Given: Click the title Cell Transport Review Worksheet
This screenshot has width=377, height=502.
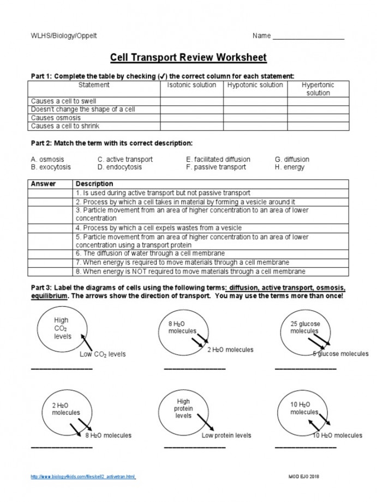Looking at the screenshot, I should pyautogui.click(x=188, y=57).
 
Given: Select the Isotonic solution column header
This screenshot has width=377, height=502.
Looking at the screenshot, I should pyautogui.click(x=192, y=85).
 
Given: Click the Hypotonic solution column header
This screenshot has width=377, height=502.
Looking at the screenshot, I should pyautogui.click(x=255, y=85).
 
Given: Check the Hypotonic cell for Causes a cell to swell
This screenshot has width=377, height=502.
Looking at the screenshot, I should pyautogui.click(x=255, y=101).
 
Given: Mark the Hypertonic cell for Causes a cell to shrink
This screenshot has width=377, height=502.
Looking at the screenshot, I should pyautogui.click(x=318, y=126).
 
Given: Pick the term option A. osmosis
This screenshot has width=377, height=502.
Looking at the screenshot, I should pyautogui.click(x=47, y=160).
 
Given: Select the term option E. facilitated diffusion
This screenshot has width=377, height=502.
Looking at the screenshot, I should pyautogui.click(x=218, y=160).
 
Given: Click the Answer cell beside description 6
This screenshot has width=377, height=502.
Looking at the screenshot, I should pyautogui.click(x=50, y=253).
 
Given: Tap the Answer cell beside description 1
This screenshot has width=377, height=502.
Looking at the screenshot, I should pyautogui.click(x=50, y=193).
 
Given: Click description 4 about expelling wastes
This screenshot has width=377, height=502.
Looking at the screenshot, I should pyautogui.click(x=159, y=228).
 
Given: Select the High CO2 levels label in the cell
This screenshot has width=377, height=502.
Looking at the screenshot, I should pyautogui.click(x=62, y=329).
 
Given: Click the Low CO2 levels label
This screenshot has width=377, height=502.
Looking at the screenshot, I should pyautogui.click(x=103, y=354).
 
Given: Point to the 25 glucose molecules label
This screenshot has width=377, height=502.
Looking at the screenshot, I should pyautogui.click(x=305, y=328).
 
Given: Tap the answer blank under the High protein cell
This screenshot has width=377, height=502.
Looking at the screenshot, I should pyautogui.click(x=195, y=447).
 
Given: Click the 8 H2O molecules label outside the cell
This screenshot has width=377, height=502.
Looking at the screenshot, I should pyautogui.click(x=109, y=436).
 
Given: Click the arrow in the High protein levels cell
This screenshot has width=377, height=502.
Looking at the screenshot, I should pyautogui.click(x=204, y=422).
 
